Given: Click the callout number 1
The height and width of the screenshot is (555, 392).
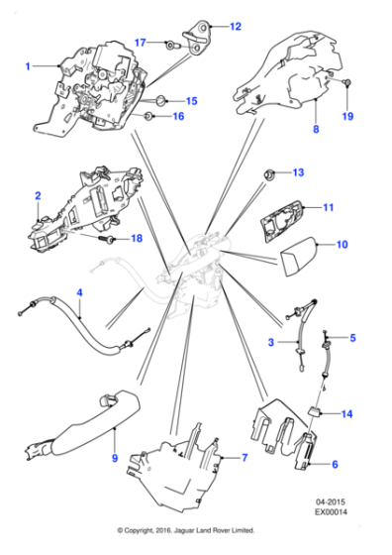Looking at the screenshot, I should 29,66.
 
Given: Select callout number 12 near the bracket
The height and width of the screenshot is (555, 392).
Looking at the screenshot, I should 235,27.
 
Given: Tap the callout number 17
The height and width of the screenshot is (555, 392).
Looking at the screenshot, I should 140,42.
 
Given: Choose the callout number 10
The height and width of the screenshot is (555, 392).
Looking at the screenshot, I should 343,243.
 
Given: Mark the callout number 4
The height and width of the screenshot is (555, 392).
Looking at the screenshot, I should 80,292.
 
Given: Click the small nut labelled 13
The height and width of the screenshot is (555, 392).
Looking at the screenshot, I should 269,174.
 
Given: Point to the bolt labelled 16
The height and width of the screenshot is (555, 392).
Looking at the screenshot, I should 148,116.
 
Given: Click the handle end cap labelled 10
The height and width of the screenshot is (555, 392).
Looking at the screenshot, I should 296,265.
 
